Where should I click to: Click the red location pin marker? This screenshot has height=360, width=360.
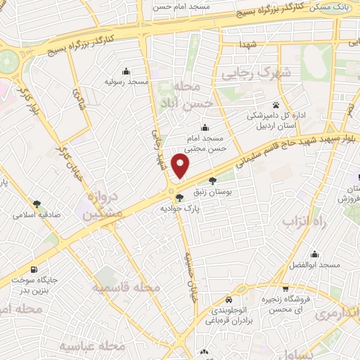click(181, 166)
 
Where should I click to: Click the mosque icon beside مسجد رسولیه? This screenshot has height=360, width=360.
click(126, 71)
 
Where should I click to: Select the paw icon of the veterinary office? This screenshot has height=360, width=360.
click(276, 105)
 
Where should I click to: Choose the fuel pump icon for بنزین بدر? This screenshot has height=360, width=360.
click(34, 270)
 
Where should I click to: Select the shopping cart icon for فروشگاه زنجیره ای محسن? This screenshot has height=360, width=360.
click(285, 288)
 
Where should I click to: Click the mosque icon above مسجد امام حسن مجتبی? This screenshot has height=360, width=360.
click(205, 127)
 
